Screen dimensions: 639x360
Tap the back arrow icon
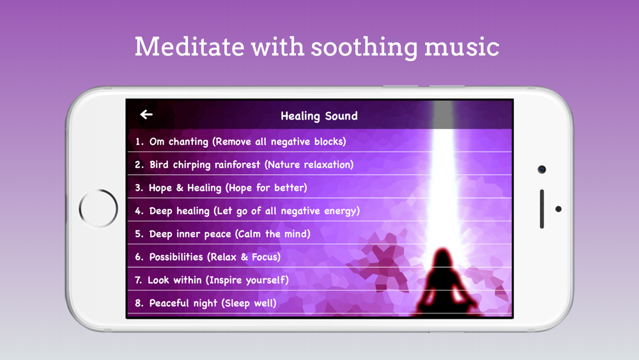click(146, 114)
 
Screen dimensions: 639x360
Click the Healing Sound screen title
click(319, 116)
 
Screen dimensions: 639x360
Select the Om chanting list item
click(240, 141)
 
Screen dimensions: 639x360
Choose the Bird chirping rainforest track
click(244, 165)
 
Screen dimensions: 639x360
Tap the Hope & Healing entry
click(221, 188)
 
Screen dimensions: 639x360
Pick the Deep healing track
click(247, 211)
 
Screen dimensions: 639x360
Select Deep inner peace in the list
click(222, 234)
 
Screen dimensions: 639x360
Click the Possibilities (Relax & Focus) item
click(208, 257)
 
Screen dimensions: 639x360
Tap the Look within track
click(212, 280)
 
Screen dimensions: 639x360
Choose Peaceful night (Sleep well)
click(206, 303)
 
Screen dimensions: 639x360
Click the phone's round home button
click(98, 208)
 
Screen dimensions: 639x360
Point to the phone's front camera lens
click(542, 169)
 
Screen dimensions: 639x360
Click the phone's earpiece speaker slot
click(542, 208)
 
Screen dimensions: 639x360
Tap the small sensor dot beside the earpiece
click(558, 208)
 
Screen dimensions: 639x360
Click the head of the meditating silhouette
click(442, 258)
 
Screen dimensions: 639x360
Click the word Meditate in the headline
click(190, 46)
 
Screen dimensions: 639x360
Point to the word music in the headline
click(462, 47)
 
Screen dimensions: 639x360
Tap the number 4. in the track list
click(139, 211)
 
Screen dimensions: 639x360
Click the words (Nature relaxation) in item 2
click(309, 165)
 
